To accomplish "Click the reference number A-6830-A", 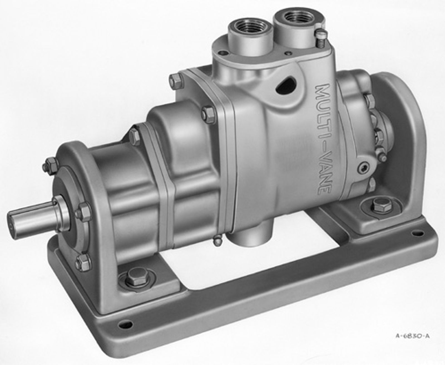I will pyautogui.click(x=412, y=336).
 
